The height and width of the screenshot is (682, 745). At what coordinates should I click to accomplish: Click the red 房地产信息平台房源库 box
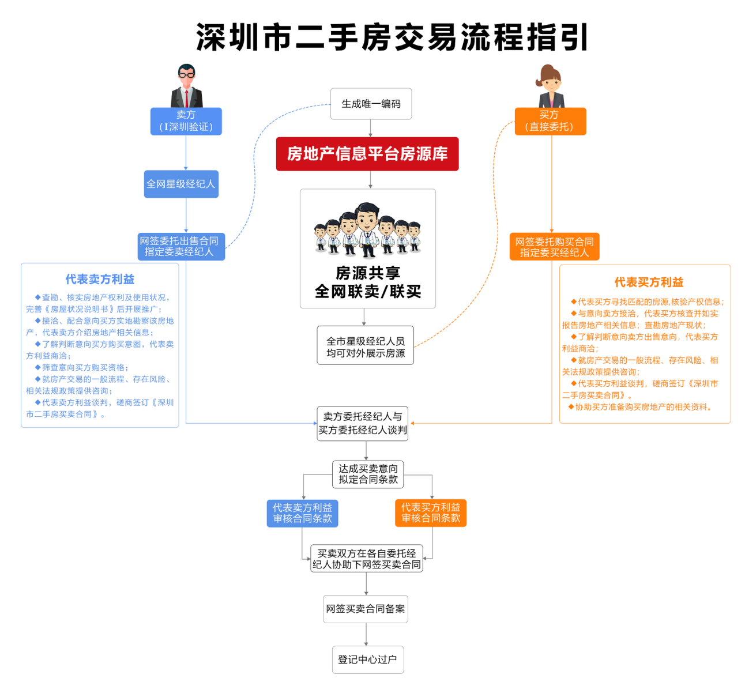tap(367, 154)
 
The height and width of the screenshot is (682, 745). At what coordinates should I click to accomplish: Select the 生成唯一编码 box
tap(371, 104)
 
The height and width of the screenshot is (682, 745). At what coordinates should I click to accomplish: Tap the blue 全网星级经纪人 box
tap(181, 184)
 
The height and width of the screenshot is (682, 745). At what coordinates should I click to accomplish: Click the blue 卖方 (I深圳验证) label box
tap(186, 121)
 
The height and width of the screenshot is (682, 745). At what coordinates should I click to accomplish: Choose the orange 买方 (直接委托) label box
tap(551, 121)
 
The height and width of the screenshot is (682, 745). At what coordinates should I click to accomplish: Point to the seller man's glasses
tap(186, 75)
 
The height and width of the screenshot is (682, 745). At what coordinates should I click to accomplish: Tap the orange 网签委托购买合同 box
tap(555, 247)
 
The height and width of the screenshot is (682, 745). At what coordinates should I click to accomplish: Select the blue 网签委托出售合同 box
tap(181, 247)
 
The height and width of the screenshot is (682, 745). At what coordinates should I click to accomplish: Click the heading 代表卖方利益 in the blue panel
tap(100, 279)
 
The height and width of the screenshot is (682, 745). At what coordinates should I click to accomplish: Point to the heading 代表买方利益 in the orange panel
tap(649, 282)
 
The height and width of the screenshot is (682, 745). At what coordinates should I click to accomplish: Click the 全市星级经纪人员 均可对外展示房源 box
tap(366, 345)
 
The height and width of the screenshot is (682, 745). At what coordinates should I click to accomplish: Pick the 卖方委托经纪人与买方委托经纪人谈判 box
tap(363, 424)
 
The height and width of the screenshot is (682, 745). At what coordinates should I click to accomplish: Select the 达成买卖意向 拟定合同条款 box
tap(368, 474)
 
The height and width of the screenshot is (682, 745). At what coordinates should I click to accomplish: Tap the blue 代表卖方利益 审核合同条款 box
tap(302, 513)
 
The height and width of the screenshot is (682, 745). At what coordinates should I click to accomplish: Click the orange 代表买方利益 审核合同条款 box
tap(431, 513)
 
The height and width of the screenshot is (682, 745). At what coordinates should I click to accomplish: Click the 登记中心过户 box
tap(368, 660)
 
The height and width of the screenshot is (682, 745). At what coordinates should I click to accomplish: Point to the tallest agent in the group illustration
tap(367, 230)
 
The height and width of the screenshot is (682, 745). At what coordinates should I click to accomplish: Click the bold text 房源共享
tap(368, 273)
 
